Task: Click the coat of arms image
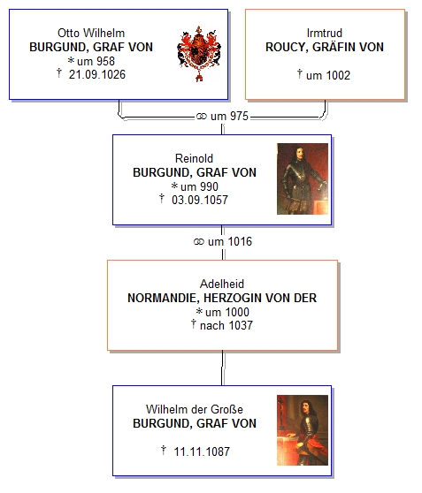pos(199,54)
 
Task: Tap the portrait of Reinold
pos(303,178)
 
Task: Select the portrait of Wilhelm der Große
pos(303,430)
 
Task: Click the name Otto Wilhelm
pos(91,33)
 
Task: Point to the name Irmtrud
pos(325,33)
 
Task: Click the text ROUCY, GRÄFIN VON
pos(325,47)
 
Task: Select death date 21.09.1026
pos(97,75)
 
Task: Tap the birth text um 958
pos(96,61)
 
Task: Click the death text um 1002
pos(328,75)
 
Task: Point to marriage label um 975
pos(229,116)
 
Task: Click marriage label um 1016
pos(230,241)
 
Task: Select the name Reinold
pos(194,158)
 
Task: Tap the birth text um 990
pos(199,186)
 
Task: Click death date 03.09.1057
pos(200,200)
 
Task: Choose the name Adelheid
pos(222,284)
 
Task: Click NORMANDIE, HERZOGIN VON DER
pos(222,298)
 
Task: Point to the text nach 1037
pos(226,325)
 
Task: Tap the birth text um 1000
pos(227,312)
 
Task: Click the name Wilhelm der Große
pos(195,409)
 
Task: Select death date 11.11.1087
pos(202,451)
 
